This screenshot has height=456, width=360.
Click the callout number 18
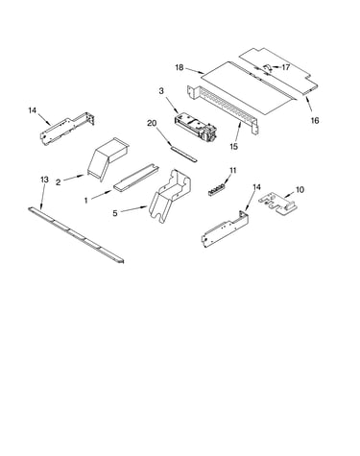coord(180,67)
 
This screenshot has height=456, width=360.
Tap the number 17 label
coord(285,67)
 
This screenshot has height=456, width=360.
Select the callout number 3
coord(161,91)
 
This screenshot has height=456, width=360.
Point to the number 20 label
coord(152,123)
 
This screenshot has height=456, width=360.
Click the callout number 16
coord(315,120)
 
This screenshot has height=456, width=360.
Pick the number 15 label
coord(234,147)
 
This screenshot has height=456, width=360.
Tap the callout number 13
coord(44,180)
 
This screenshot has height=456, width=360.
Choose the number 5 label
coord(115,213)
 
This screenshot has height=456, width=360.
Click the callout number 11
coord(233,170)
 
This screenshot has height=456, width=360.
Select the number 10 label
coord(300,190)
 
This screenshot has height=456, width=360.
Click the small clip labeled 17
coord(268,68)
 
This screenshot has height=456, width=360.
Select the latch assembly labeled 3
coord(196,127)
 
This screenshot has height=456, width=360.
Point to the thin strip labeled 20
coord(183,153)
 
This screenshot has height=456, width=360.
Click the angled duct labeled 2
coord(108,158)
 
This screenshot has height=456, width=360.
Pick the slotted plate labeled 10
coord(277,204)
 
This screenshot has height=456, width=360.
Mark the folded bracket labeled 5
coord(171,195)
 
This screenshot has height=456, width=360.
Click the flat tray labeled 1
coord(135,178)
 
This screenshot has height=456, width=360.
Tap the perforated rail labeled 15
coord(223,108)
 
